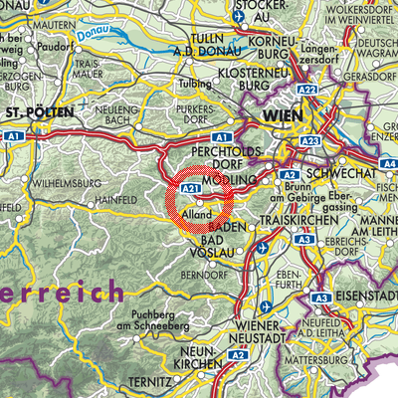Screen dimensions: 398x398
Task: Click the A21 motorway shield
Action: tap(193, 187)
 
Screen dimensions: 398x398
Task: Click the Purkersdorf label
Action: tap(199, 111)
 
